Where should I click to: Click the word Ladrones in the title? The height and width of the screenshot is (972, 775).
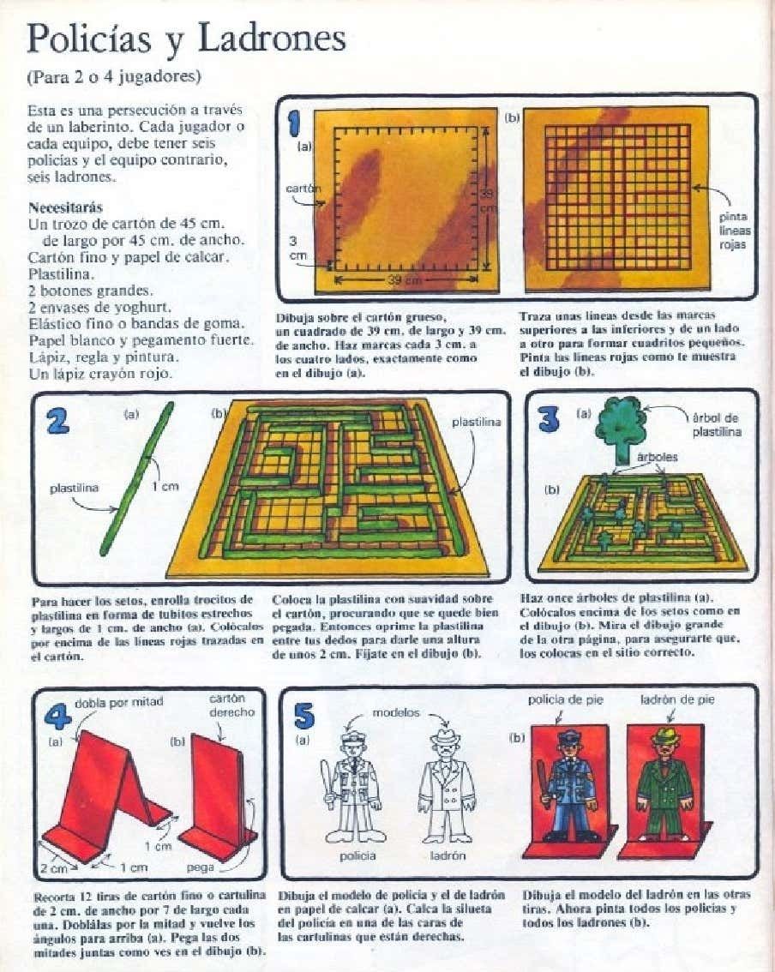(x=272, y=39)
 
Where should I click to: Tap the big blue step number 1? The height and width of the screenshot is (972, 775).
(x=295, y=122)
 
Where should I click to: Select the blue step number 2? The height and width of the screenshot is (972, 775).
(x=57, y=421)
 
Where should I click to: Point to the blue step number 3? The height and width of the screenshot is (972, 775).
(x=550, y=420)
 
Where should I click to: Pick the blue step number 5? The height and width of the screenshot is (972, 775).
(x=304, y=716)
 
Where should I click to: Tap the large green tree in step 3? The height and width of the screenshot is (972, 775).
(x=621, y=429)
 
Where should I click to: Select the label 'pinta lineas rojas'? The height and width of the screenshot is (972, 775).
(x=735, y=231)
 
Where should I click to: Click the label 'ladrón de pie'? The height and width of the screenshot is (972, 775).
(x=677, y=700)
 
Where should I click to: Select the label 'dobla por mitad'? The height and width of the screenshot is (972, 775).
(x=118, y=702)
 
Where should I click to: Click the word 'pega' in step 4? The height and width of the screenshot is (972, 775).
(x=201, y=867)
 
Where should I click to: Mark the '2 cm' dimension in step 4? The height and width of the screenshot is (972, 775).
(x=54, y=868)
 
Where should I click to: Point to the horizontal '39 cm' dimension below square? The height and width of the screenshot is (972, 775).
(x=406, y=280)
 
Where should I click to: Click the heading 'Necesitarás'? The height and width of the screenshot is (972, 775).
(x=65, y=207)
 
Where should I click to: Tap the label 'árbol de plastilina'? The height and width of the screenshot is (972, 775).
(x=716, y=424)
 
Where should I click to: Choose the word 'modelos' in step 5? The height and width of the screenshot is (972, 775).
(x=395, y=713)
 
